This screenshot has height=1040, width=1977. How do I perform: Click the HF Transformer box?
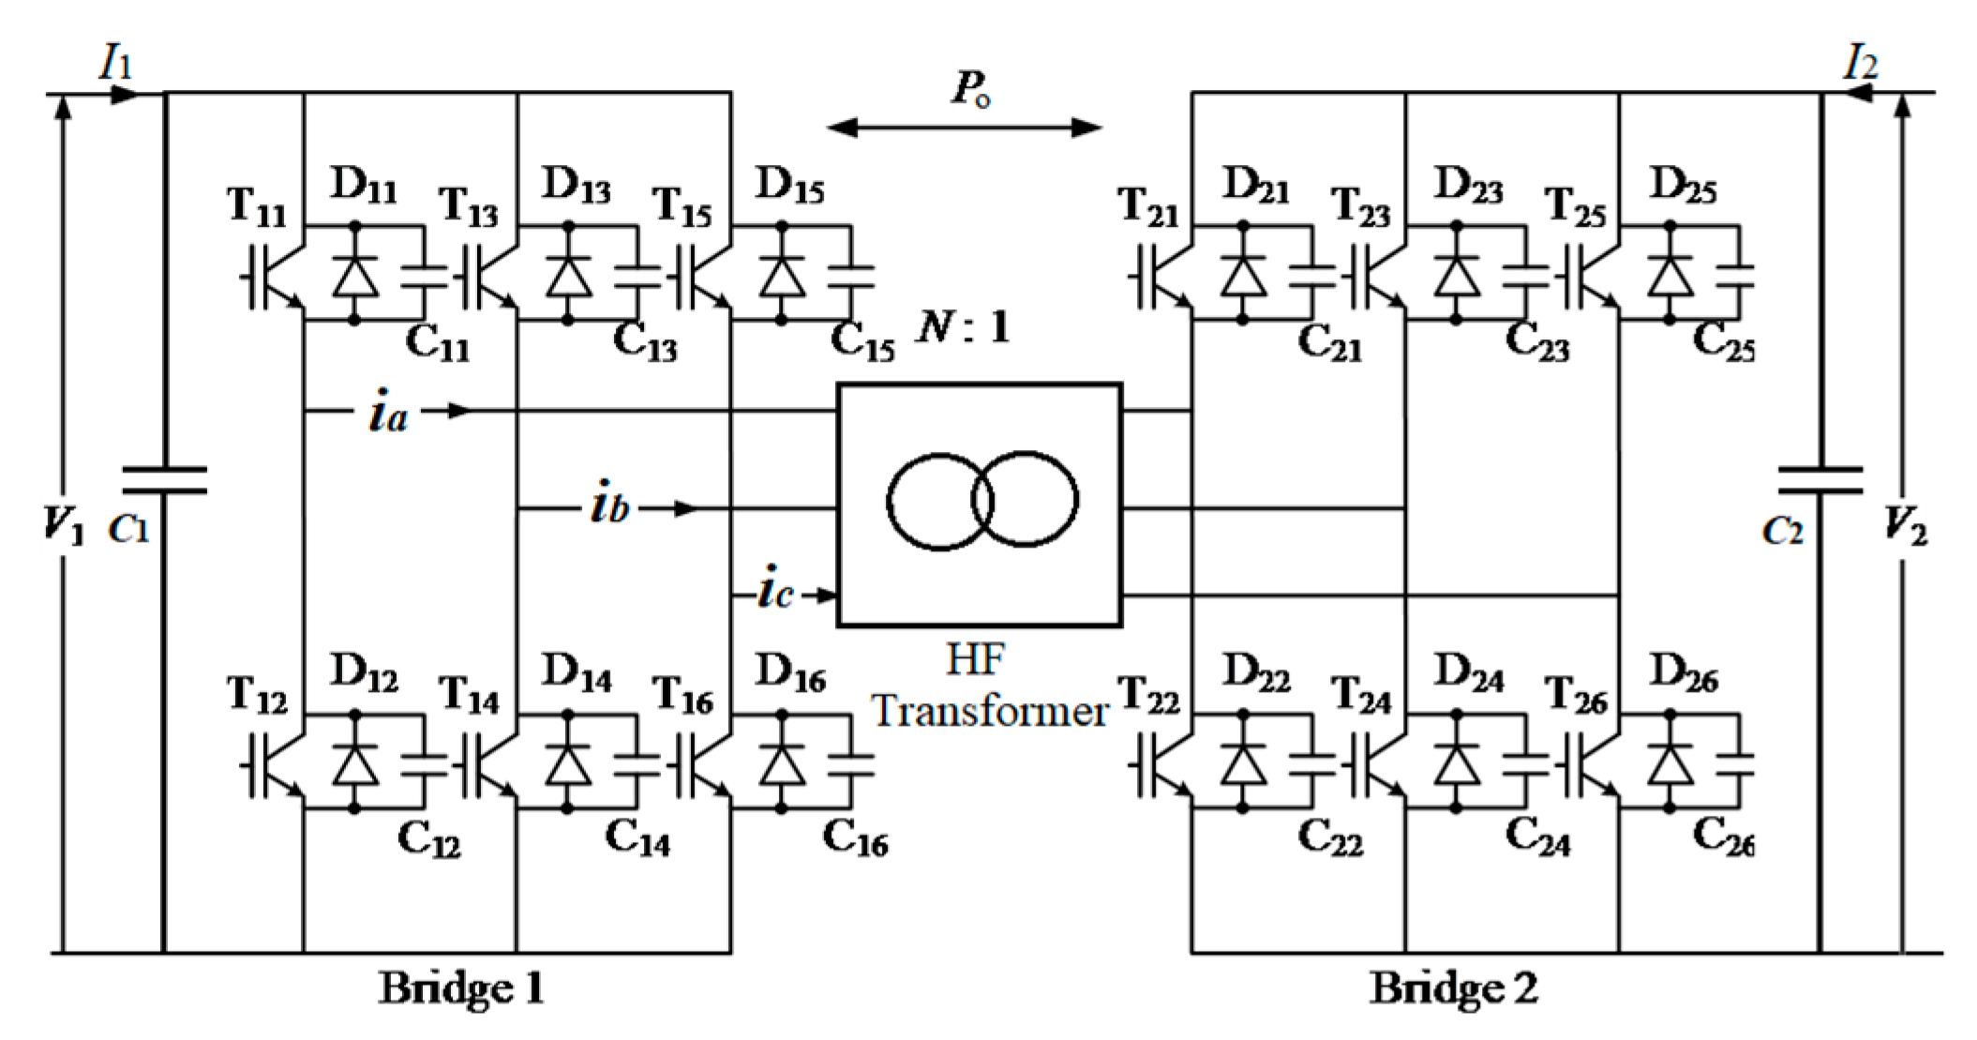979,504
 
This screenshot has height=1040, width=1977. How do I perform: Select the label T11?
256,205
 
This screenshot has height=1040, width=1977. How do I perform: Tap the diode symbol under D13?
568,276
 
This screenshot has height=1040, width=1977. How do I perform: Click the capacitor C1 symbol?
165,480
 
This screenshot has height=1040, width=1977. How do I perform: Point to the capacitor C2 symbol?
1820,480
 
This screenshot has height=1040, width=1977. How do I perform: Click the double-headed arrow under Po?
965,128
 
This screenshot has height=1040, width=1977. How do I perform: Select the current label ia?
388,413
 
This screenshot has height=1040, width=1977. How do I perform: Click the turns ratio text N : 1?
964,327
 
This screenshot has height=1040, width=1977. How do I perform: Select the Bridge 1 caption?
461,988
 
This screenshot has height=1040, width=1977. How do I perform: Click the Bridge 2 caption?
1453,988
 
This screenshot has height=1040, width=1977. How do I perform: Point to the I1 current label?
116,64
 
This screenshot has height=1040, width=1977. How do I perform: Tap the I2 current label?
1860,64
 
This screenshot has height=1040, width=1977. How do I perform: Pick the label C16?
855,837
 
